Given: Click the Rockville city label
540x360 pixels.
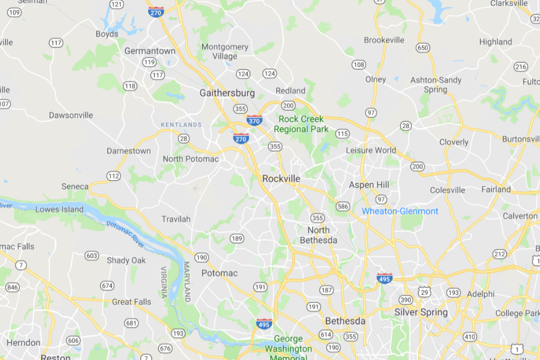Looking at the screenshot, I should point(281,179).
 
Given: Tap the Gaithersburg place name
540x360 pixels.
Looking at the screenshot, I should point(227,93).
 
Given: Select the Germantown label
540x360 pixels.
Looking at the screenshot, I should point(150,51).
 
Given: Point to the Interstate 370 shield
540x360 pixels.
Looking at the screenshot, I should point(254,120).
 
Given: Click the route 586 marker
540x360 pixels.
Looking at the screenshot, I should point(343,206).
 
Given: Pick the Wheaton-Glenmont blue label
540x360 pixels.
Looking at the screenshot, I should point(400,211).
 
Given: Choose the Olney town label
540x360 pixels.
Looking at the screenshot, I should point(375,80).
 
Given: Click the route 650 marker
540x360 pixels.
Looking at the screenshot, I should point(422,48).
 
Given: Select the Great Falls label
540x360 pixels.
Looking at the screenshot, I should point(131,302).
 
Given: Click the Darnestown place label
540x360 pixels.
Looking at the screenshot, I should point(129,151).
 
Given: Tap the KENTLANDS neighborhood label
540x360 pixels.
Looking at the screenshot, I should point(181,125).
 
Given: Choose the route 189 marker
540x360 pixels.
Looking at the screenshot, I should point(237,239).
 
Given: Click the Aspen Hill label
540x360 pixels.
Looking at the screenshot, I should point(369,185).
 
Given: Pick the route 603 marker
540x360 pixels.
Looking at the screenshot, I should point(92,256).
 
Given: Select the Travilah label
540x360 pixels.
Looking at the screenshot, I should point(176,219).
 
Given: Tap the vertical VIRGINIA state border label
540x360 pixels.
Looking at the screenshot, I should point(163,283).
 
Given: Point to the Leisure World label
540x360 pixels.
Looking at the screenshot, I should point(371,150).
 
